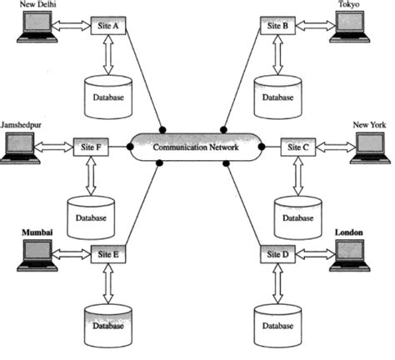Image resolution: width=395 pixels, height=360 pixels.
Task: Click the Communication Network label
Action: click(197, 147)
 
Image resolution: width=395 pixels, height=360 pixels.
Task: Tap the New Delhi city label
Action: click(38, 5)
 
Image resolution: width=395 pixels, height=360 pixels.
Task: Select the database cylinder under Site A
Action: click(107, 94)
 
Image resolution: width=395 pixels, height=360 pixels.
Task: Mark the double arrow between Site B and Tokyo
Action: click(312, 27)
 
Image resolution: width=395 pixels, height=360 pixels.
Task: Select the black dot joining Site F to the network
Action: click(131, 147)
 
